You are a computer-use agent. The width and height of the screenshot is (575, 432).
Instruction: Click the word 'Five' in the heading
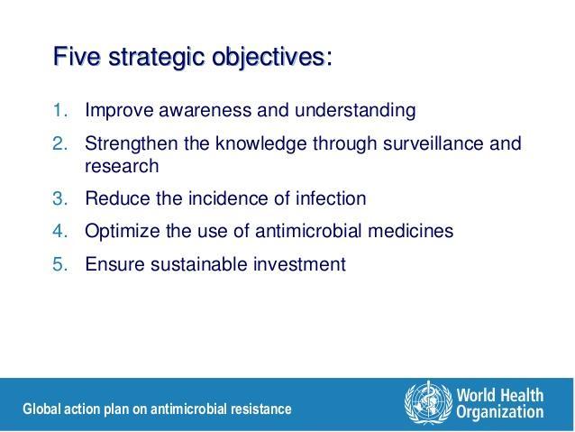77,56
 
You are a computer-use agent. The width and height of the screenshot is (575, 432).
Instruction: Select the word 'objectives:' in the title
272,58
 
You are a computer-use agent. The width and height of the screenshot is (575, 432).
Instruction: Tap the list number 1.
60,110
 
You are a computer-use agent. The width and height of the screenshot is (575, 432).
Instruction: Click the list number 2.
60,143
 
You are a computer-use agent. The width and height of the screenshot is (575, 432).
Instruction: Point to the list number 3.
60,198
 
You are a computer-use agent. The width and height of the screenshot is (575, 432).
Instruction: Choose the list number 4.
60,231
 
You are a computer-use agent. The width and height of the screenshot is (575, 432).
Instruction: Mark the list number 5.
60,264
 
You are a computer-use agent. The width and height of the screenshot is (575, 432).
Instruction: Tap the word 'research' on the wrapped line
122,166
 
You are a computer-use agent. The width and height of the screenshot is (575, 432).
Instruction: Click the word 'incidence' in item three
228,198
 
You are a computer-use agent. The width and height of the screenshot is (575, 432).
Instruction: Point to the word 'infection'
331,198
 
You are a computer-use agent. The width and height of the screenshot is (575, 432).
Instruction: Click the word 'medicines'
410,231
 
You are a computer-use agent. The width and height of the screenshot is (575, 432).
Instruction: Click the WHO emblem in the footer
428,402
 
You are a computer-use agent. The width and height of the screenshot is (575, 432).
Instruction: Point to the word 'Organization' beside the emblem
499,412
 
